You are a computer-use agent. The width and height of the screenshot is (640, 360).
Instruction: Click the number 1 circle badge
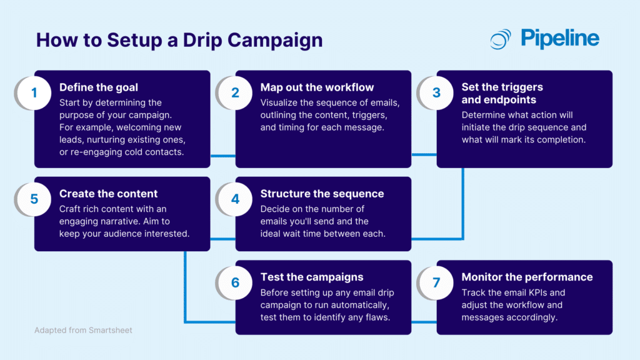click(x=34, y=93)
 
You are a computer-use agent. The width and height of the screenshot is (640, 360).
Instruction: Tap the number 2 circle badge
click(x=235, y=93)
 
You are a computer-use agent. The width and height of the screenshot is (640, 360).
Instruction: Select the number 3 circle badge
click(x=436, y=93)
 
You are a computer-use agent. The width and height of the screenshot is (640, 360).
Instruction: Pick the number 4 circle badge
click(x=235, y=199)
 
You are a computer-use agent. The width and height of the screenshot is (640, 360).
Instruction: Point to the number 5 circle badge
click(x=34, y=199)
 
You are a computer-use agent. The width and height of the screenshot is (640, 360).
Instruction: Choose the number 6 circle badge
click(x=235, y=282)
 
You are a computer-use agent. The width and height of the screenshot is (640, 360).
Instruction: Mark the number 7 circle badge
click(x=436, y=282)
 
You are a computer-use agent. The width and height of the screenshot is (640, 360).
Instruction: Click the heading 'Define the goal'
click(x=99, y=87)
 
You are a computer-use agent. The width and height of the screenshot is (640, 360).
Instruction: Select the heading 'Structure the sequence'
click(x=322, y=194)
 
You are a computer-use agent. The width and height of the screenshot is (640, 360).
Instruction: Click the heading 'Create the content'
click(x=108, y=194)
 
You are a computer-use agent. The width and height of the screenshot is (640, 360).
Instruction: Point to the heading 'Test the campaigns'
click(x=312, y=277)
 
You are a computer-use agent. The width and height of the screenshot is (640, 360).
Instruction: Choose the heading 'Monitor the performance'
click(x=527, y=277)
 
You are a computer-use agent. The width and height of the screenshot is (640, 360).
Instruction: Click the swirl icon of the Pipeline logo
click(x=501, y=39)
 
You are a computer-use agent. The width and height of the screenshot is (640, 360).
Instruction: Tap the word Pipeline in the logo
click(x=560, y=39)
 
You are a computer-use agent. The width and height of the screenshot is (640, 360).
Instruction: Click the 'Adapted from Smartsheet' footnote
click(x=83, y=330)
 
